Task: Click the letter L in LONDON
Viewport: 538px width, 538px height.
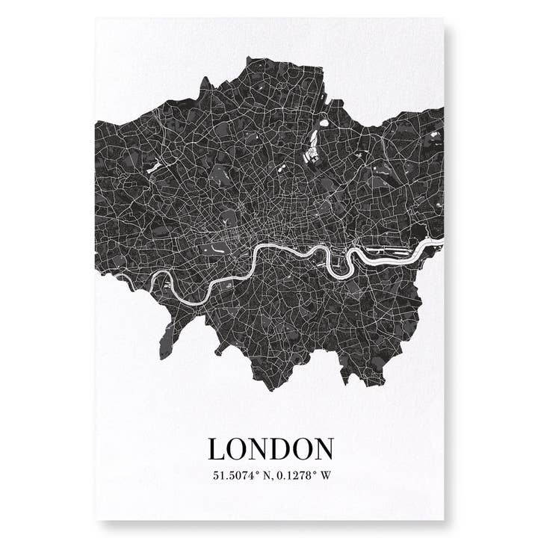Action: pos(217,449)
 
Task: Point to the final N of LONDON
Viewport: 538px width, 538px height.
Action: pos(321,449)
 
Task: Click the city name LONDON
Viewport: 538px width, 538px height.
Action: pos(270,449)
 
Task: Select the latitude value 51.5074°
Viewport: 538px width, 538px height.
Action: pos(236,474)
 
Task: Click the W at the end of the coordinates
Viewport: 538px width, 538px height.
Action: pos(325,474)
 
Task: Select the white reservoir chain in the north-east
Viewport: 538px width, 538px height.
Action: pos(312,149)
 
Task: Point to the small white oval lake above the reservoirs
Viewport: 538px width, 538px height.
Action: pos(323,123)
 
